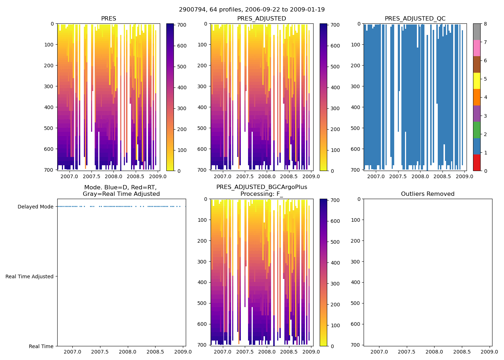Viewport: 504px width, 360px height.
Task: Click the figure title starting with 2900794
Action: pos(252,10)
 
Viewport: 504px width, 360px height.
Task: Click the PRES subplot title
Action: pos(108,19)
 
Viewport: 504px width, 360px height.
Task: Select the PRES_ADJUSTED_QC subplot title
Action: pos(415,19)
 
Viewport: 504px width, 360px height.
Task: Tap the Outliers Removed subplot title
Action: pos(428,194)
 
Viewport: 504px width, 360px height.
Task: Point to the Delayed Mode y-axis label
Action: pos(35,207)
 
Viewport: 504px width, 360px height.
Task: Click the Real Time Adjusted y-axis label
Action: pos(30,276)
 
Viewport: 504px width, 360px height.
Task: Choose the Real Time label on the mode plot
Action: pos(41,346)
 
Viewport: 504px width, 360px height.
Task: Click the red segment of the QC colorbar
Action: pos(477,163)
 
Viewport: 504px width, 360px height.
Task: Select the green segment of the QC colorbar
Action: pos(477,130)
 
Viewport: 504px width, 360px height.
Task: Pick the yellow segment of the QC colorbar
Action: pos(477,81)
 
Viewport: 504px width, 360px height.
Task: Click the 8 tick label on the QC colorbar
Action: pos(485,24)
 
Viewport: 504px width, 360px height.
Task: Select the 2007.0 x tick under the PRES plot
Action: pos(69,176)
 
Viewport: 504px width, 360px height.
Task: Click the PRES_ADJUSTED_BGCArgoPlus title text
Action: pos(262,187)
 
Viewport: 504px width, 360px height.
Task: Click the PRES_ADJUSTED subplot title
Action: pos(261,19)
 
